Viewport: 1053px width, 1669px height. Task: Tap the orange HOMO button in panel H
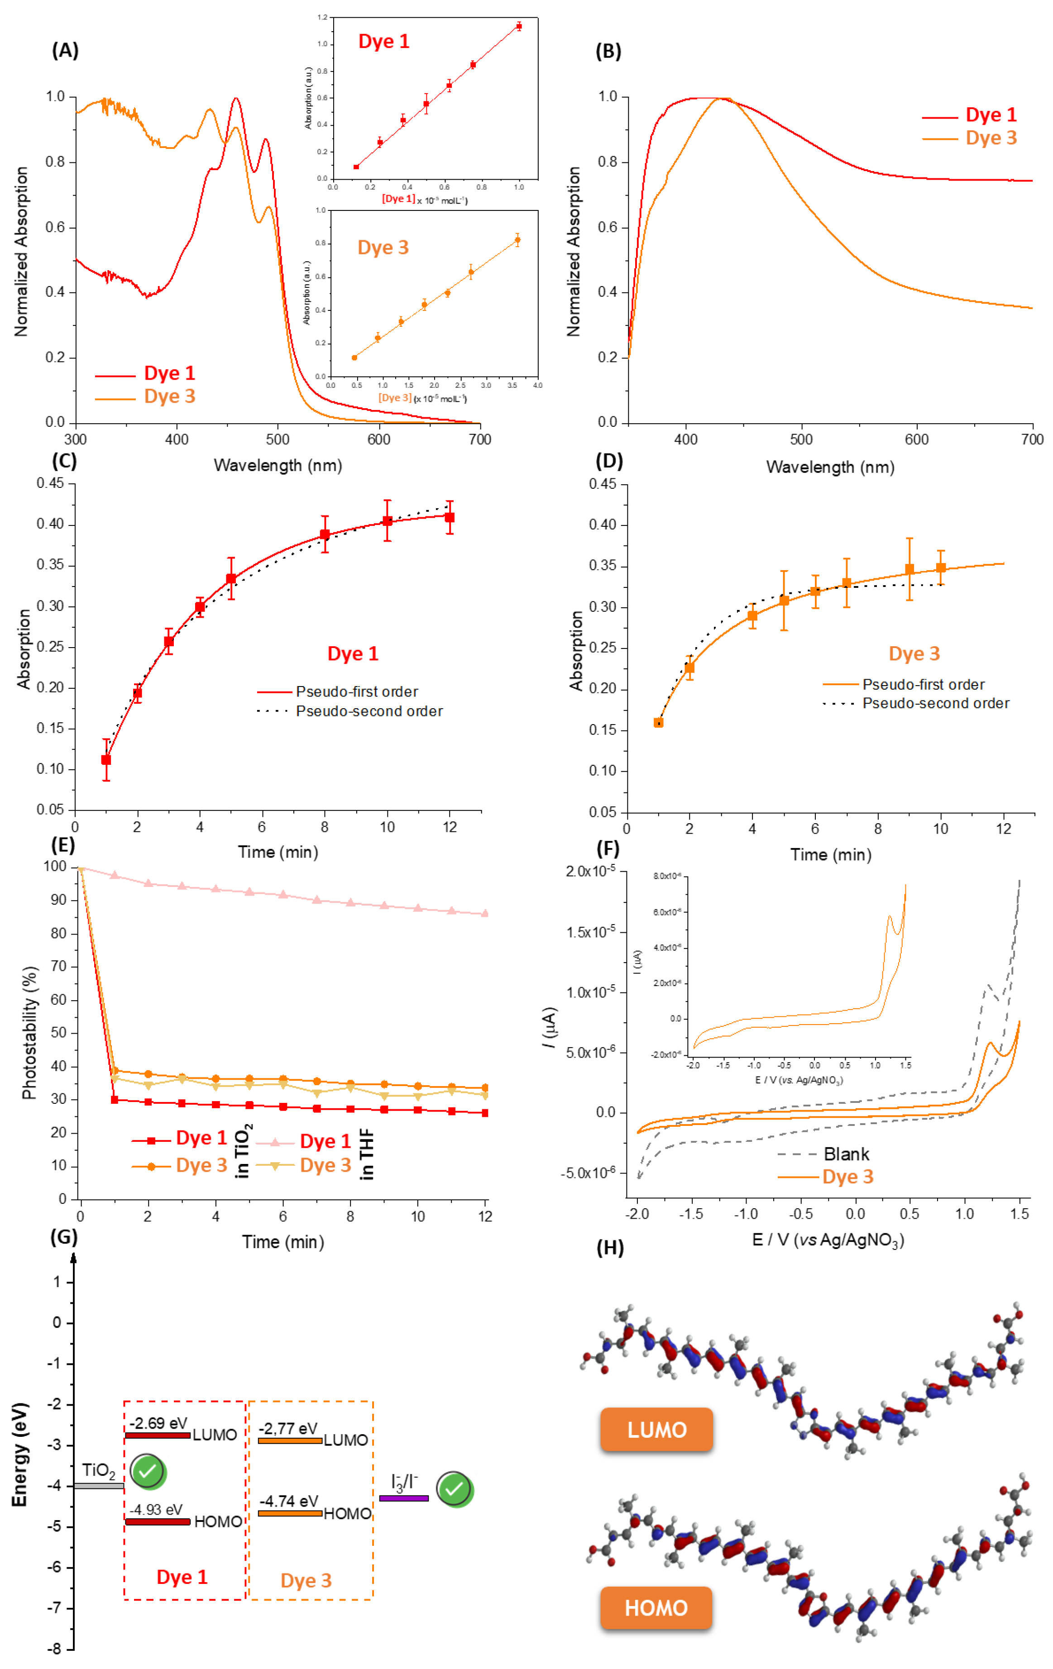pos(656,1607)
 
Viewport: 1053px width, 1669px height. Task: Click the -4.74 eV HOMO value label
pos(288,1501)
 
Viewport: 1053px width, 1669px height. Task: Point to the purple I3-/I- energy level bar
pos(403,1498)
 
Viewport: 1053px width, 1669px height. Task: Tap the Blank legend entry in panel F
pos(846,1154)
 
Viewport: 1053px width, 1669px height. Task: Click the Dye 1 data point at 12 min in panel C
pos(449,517)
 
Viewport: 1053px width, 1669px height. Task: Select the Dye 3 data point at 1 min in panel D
pos(659,722)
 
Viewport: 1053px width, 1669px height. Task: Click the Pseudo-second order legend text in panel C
pos(369,711)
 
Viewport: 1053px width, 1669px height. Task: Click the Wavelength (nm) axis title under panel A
pos(278,465)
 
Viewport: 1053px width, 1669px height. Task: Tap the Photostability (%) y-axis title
pos(29,1033)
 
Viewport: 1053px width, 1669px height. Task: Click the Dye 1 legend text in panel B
pos(991,114)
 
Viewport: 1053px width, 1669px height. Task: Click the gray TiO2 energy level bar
pos(99,1485)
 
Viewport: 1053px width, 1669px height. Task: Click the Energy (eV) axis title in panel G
pos(19,1455)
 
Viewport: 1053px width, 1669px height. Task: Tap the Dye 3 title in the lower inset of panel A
pos(383,248)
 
